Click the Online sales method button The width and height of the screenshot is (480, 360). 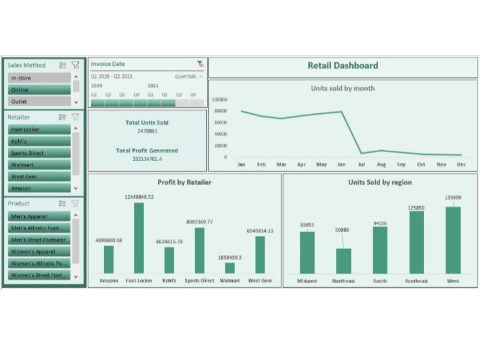pyautogui.click(x=39, y=90)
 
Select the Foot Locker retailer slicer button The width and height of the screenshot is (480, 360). pyautogui.click(x=39, y=130)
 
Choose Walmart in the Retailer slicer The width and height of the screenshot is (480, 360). pyautogui.click(x=39, y=165)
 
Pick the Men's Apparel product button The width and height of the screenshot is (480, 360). pyautogui.click(x=39, y=216)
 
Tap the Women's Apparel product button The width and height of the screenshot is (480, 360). pyautogui.click(x=39, y=252)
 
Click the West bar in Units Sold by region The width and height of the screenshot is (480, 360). pyautogui.click(x=453, y=240)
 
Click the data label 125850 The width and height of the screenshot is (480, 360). pyautogui.click(x=416, y=208)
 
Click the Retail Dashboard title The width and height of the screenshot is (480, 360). pyautogui.click(x=343, y=66)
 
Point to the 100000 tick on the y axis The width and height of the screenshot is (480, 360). pyautogui.click(x=219, y=100)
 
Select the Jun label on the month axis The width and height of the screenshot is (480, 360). pyautogui.click(x=341, y=165)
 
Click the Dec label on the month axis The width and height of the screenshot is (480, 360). pyautogui.click(x=461, y=165)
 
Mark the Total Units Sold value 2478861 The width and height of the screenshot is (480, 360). pyautogui.click(x=147, y=131)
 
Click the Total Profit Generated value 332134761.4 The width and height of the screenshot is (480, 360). pyautogui.click(x=147, y=159)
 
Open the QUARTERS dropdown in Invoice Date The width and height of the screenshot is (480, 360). pyautogui.click(x=188, y=76)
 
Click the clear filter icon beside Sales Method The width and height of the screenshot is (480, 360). pyautogui.click(x=75, y=65)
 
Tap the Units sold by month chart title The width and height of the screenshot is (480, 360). pyautogui.click(x=343, y=88)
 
